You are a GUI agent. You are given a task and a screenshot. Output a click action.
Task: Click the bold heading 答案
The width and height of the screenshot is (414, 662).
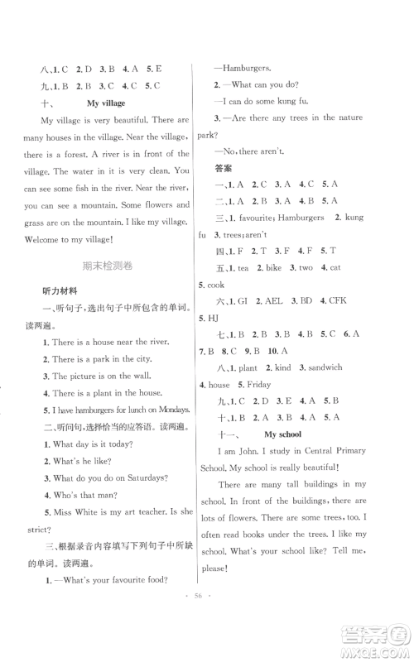tap(222, 168)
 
